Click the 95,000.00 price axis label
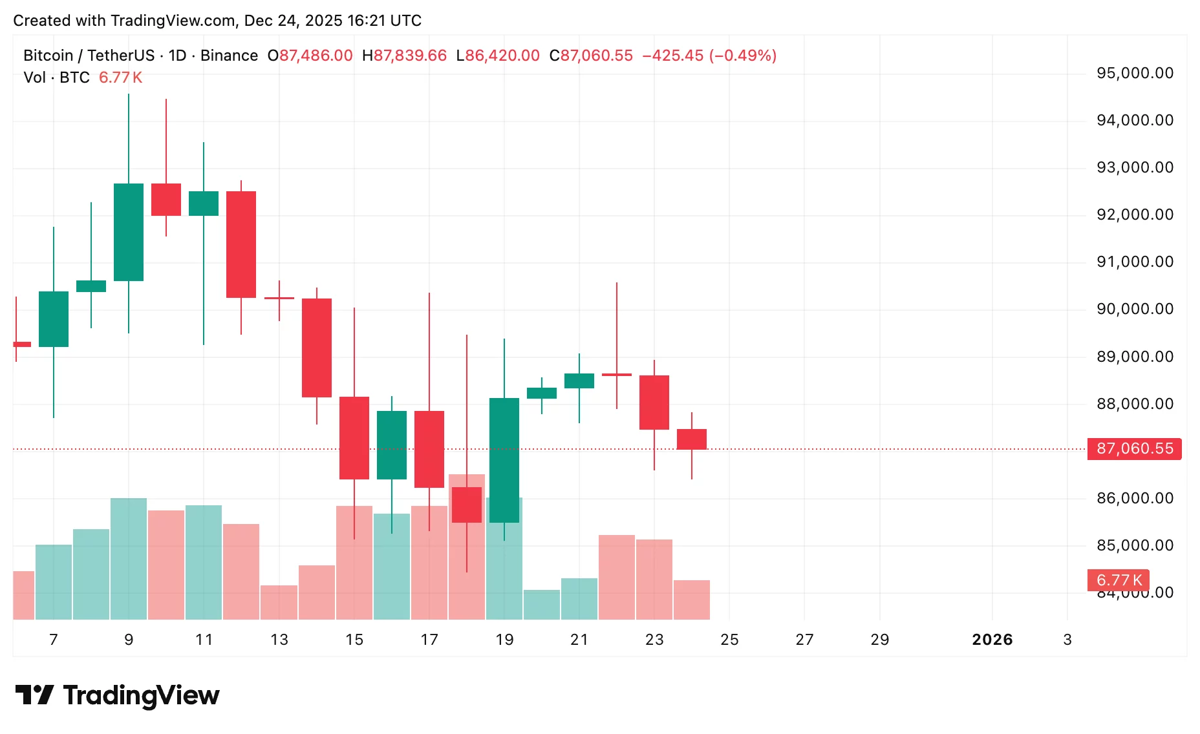coord(1135,73)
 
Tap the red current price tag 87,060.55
coord(1135,448)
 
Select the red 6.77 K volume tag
coord(1119,580)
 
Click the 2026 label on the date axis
coord(992,640)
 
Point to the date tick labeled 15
coord(354,640)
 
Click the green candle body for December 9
coord(129,232)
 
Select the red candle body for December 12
coord(241,244)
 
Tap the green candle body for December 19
coord(504,460)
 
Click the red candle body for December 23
coord(654,402)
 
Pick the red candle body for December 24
coord(692,439)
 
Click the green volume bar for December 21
coord(579,599)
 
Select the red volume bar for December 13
coord(279,602)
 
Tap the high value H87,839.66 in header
coord(404,56)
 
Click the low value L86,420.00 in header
coord(498,56)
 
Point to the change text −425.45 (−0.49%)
coord(709,56)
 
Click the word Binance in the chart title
coord(229,56)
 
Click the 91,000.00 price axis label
coord(1135,262)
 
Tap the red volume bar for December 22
coord(617,577)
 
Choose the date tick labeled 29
coord(879,640)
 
